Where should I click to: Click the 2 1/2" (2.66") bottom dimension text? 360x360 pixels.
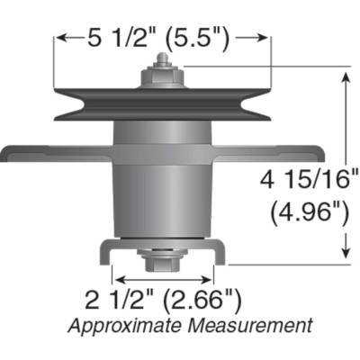[x=162, y=298]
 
